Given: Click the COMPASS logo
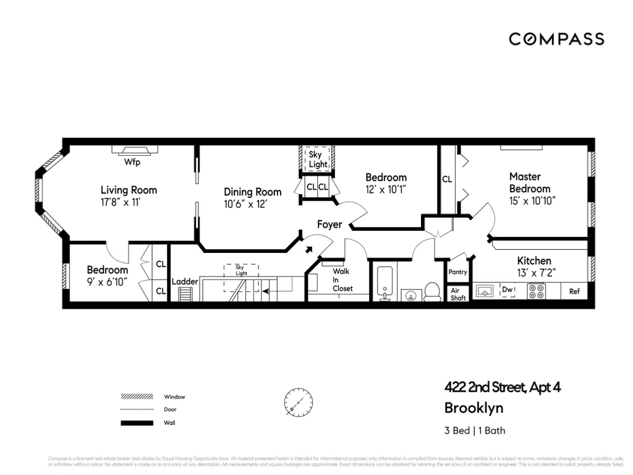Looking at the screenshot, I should point(556,39).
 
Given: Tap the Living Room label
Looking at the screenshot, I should point(129,190).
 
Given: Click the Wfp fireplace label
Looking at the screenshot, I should point(132,163).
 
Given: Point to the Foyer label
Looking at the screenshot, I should point(329,225).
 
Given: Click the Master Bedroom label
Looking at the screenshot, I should point(530,182).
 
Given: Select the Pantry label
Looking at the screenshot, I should point(457,272).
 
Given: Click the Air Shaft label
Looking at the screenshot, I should point(458,294).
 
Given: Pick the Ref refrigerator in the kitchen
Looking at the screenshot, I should point(574,291).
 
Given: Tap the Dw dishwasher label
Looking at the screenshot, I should point(507,289).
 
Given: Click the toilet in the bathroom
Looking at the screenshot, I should point(433,291).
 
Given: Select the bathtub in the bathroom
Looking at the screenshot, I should point(384,283).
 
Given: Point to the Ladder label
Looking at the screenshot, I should point(185,281).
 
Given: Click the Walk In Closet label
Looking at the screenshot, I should point(342,280).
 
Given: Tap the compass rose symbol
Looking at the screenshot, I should point(298,402).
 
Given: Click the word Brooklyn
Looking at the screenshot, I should point(474,408).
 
